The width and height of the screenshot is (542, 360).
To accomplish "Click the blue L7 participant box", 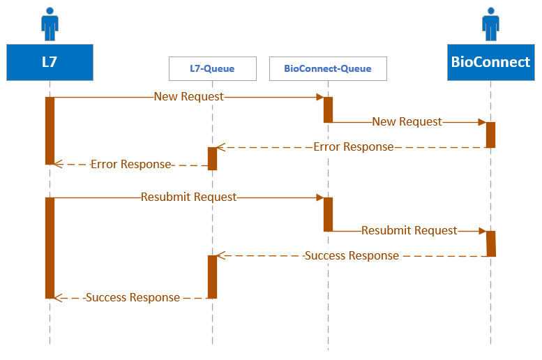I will [50, 62].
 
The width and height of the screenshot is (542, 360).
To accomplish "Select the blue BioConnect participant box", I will [490, 62].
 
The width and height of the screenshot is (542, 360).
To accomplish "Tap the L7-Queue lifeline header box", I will [212, 68].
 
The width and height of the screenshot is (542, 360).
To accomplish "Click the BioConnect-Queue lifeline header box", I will [328, 68].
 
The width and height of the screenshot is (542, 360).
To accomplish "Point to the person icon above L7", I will [50, 24].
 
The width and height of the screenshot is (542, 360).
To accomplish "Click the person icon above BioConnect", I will [490, 24].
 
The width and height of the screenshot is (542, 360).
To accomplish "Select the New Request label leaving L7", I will [188, 97].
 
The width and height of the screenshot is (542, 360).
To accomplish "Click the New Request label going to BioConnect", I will [407, 122].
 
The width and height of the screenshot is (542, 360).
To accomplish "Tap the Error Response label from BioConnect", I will [353, 147].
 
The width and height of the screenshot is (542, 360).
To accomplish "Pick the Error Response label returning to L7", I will [130, 165].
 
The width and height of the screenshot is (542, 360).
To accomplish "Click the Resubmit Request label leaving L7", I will [188, 197].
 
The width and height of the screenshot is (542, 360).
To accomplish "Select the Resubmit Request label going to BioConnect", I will [409, 230].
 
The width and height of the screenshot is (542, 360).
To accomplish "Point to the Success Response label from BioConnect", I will [352, 256].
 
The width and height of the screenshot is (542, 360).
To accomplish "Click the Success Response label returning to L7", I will [133, 298].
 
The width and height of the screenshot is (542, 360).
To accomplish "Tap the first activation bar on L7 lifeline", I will [50, 130].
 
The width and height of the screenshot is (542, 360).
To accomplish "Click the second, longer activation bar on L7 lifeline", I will [50, 248].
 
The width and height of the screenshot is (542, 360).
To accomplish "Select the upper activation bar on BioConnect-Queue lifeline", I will [328, 110].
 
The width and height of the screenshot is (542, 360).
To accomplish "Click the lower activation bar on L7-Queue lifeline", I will [212, 276].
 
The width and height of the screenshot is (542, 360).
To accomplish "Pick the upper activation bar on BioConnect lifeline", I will [490, 135].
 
